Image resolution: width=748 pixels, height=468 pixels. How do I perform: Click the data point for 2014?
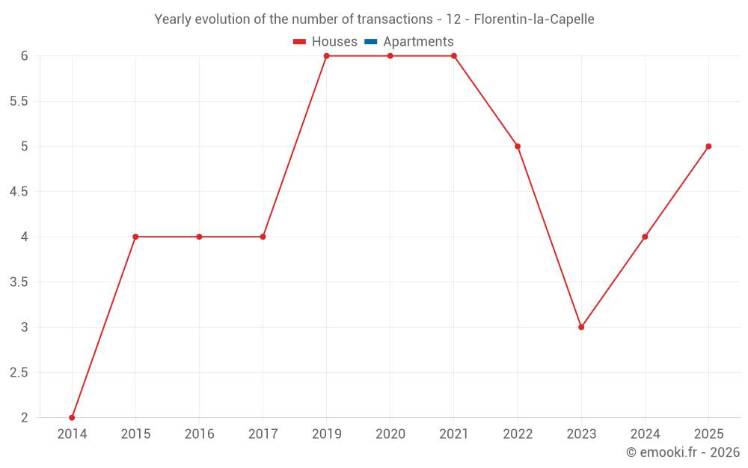tap(72, 418)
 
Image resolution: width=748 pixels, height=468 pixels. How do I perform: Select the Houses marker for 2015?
tap(135, 237)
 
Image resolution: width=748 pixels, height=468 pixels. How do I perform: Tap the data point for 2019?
tap(327, 56)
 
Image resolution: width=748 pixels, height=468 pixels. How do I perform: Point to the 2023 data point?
tap(581, 327)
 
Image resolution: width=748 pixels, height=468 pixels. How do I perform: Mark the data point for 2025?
tap(708, 146)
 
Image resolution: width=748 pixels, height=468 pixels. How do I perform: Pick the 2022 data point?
tap(518, 146)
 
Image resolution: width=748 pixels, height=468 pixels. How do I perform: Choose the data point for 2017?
tap(263, 237)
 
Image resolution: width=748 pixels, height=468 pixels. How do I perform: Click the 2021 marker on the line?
tap(454, 56)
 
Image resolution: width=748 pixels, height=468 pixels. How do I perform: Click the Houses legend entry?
tap(325, 42)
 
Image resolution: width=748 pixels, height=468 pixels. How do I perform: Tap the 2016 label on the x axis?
tap(199, 434)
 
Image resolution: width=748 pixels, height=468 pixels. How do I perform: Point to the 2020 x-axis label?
tap(390, 434)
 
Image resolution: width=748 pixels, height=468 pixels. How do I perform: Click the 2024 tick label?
tap(645, 434)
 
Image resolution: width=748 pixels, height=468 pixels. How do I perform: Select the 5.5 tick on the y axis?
tap(19, 101)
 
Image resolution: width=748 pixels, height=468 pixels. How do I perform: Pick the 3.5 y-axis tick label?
tap(19, 282)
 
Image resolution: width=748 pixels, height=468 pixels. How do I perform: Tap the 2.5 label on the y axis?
tap(19, 373)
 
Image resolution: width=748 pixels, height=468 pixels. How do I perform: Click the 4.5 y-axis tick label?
tap(19, 192)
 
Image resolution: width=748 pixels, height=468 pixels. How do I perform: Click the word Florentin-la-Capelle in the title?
tap(534, 19)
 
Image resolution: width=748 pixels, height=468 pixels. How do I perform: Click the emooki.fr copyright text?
tap(683, 452)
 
